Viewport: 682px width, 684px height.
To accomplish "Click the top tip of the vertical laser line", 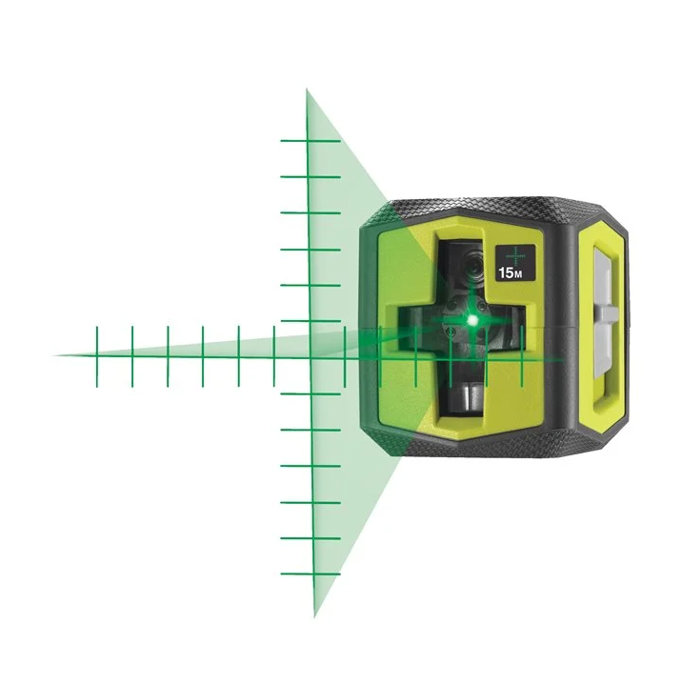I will [307, 91].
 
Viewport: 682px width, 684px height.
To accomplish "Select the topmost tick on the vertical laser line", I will [309, 141].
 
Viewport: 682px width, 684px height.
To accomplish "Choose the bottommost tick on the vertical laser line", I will [311, 574].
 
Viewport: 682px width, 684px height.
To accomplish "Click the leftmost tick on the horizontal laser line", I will [96, 355].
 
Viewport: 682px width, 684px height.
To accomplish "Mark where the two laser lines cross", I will [310, 356].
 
